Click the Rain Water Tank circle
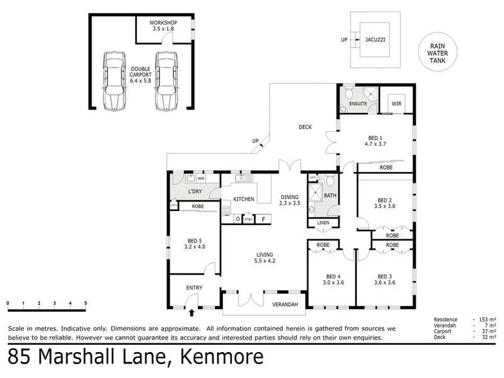point(438,54)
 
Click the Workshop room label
point(163,23)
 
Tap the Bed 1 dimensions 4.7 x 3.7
point(376,144)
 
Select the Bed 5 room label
point(194,240)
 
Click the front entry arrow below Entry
point(192,311)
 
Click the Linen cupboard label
point(323,223)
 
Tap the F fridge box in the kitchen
point(263,219)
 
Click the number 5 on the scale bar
point(86,303)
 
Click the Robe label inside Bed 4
point(323,244)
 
